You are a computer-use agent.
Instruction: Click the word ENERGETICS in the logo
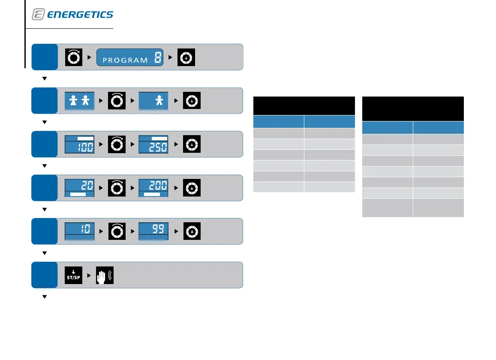80,15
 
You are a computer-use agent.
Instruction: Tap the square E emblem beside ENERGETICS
38,15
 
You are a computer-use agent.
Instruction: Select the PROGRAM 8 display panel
130,57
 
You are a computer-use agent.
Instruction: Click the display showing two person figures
79,101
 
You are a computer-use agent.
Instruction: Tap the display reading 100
79,144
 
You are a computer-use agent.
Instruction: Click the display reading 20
79,188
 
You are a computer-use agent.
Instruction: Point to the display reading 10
79,231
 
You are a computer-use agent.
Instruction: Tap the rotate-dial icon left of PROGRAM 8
73,57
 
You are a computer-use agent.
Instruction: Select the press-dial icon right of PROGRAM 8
186,57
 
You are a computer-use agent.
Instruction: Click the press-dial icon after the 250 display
192,144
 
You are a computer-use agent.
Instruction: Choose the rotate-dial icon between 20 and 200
117,188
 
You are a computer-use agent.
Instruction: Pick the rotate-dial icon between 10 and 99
117,231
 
